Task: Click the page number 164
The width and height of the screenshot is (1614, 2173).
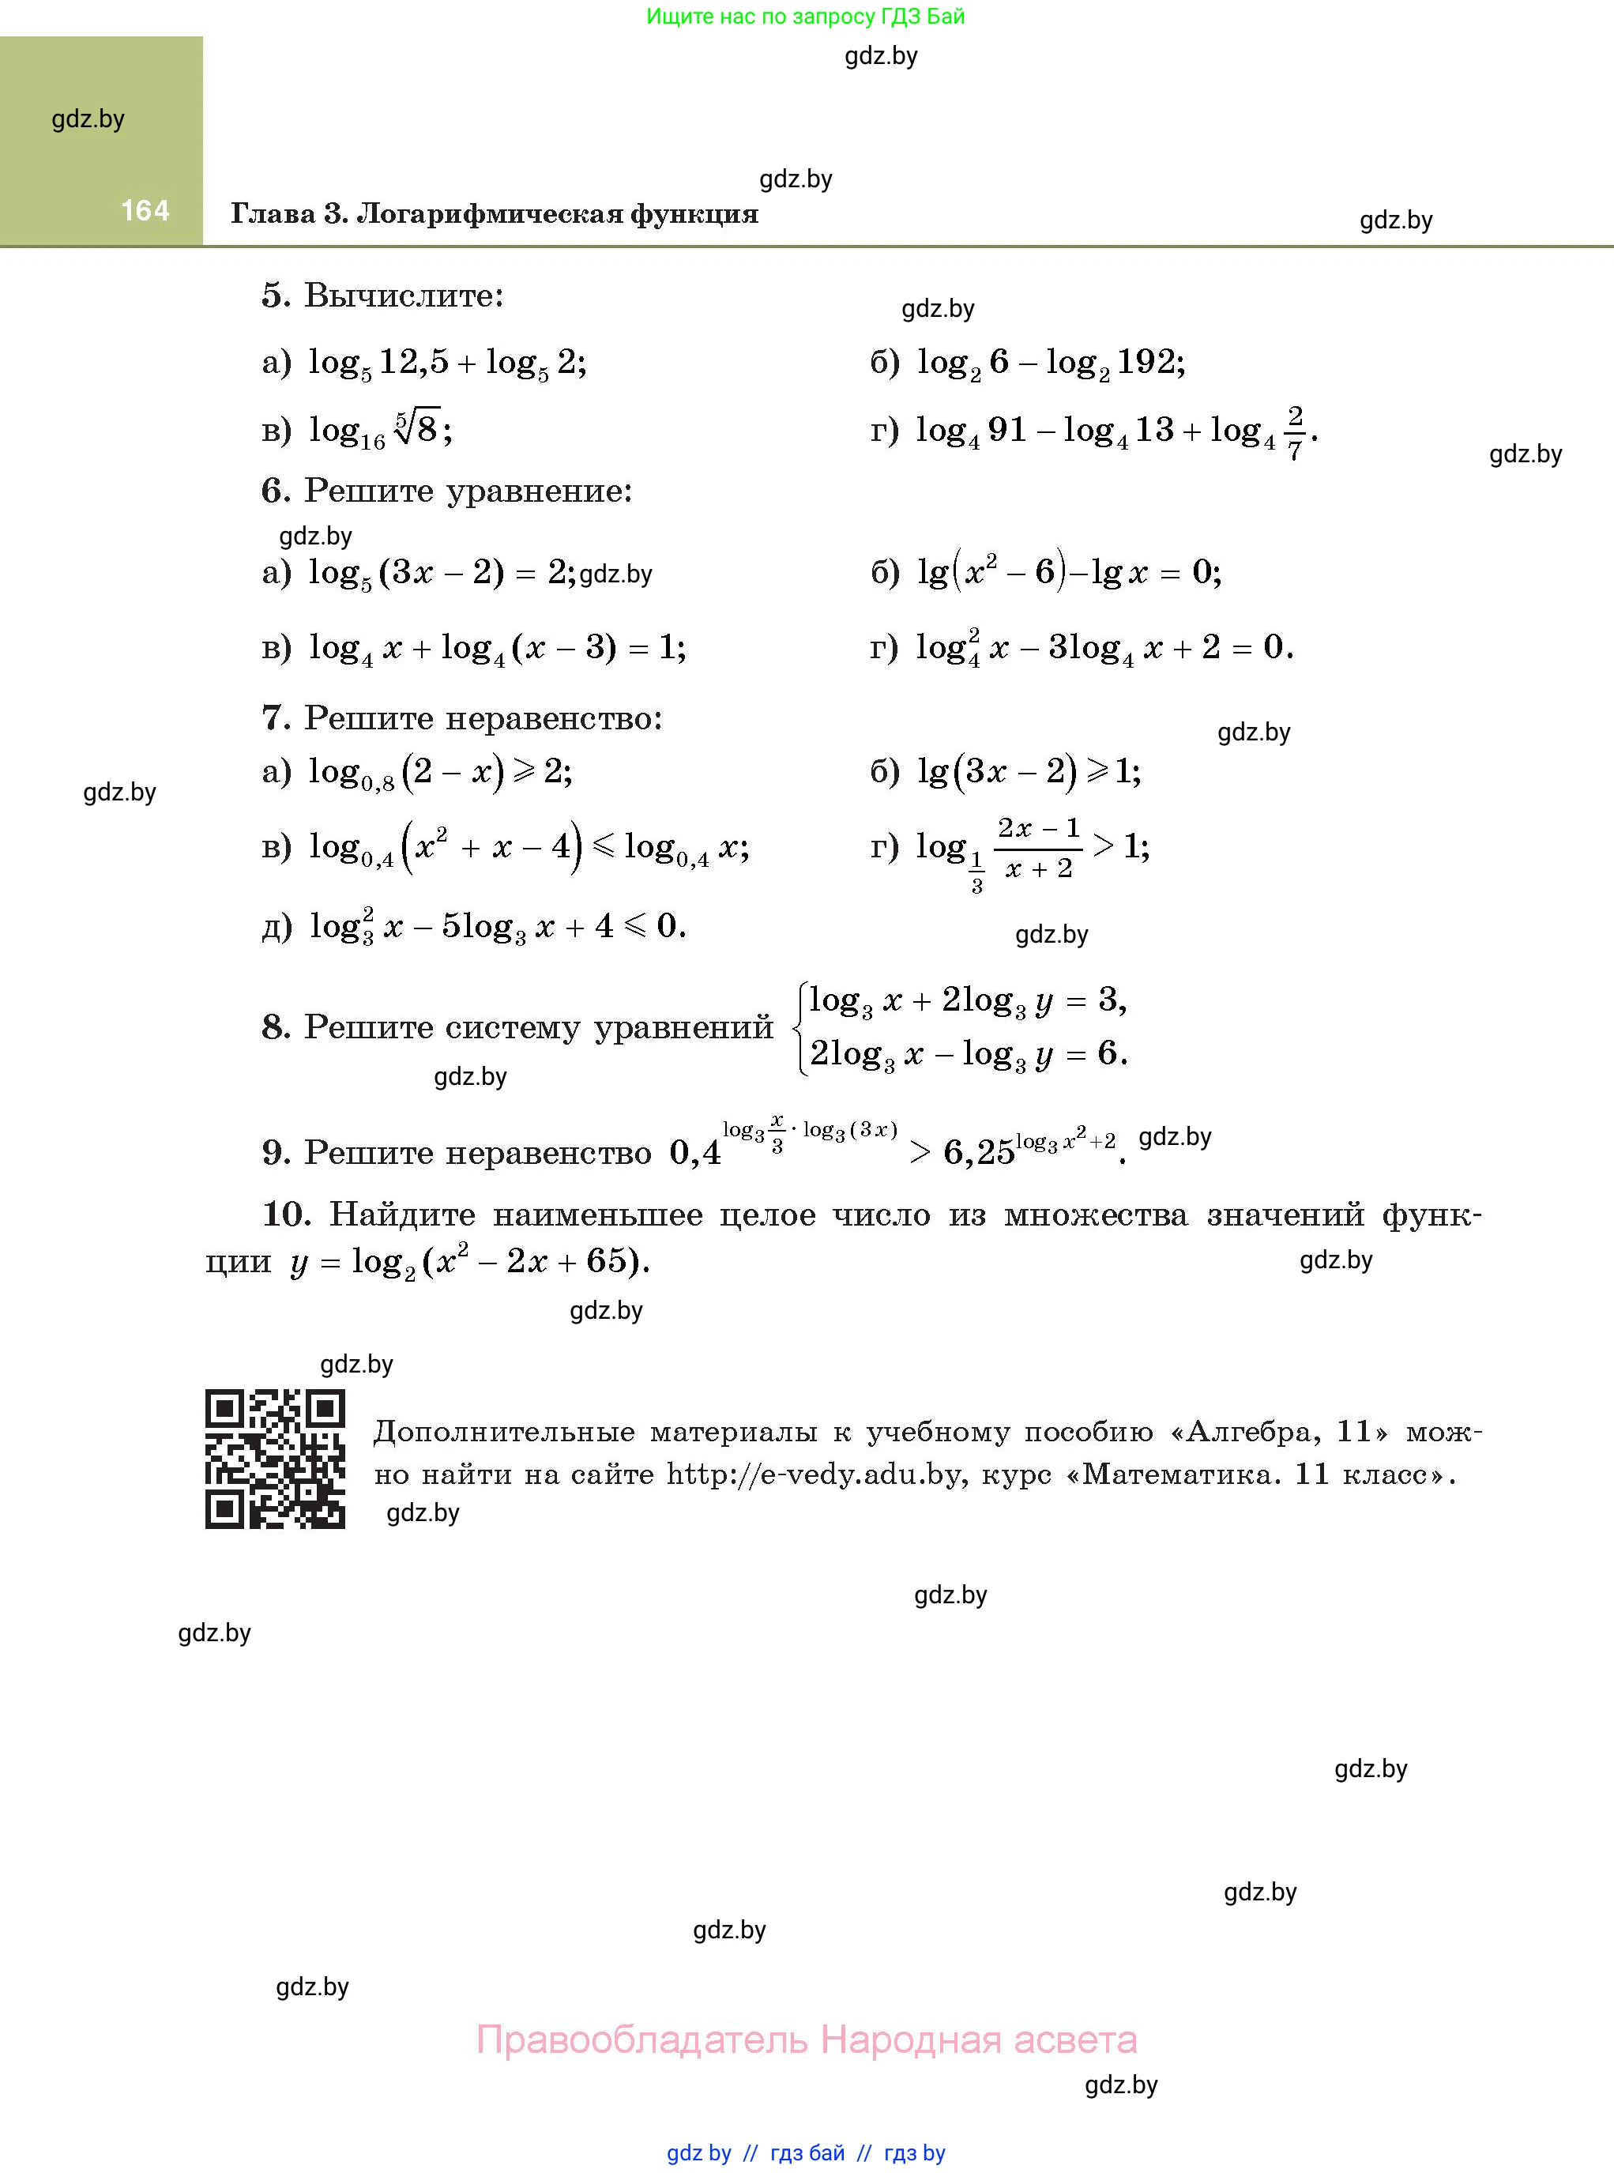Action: [145, 210]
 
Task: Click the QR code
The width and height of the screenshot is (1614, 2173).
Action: [275, 1458]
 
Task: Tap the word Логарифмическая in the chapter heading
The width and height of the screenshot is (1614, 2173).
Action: [488, 214]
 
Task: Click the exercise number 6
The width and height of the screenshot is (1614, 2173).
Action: [276, 491]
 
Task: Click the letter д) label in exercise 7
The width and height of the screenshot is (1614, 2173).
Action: [277, 926]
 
